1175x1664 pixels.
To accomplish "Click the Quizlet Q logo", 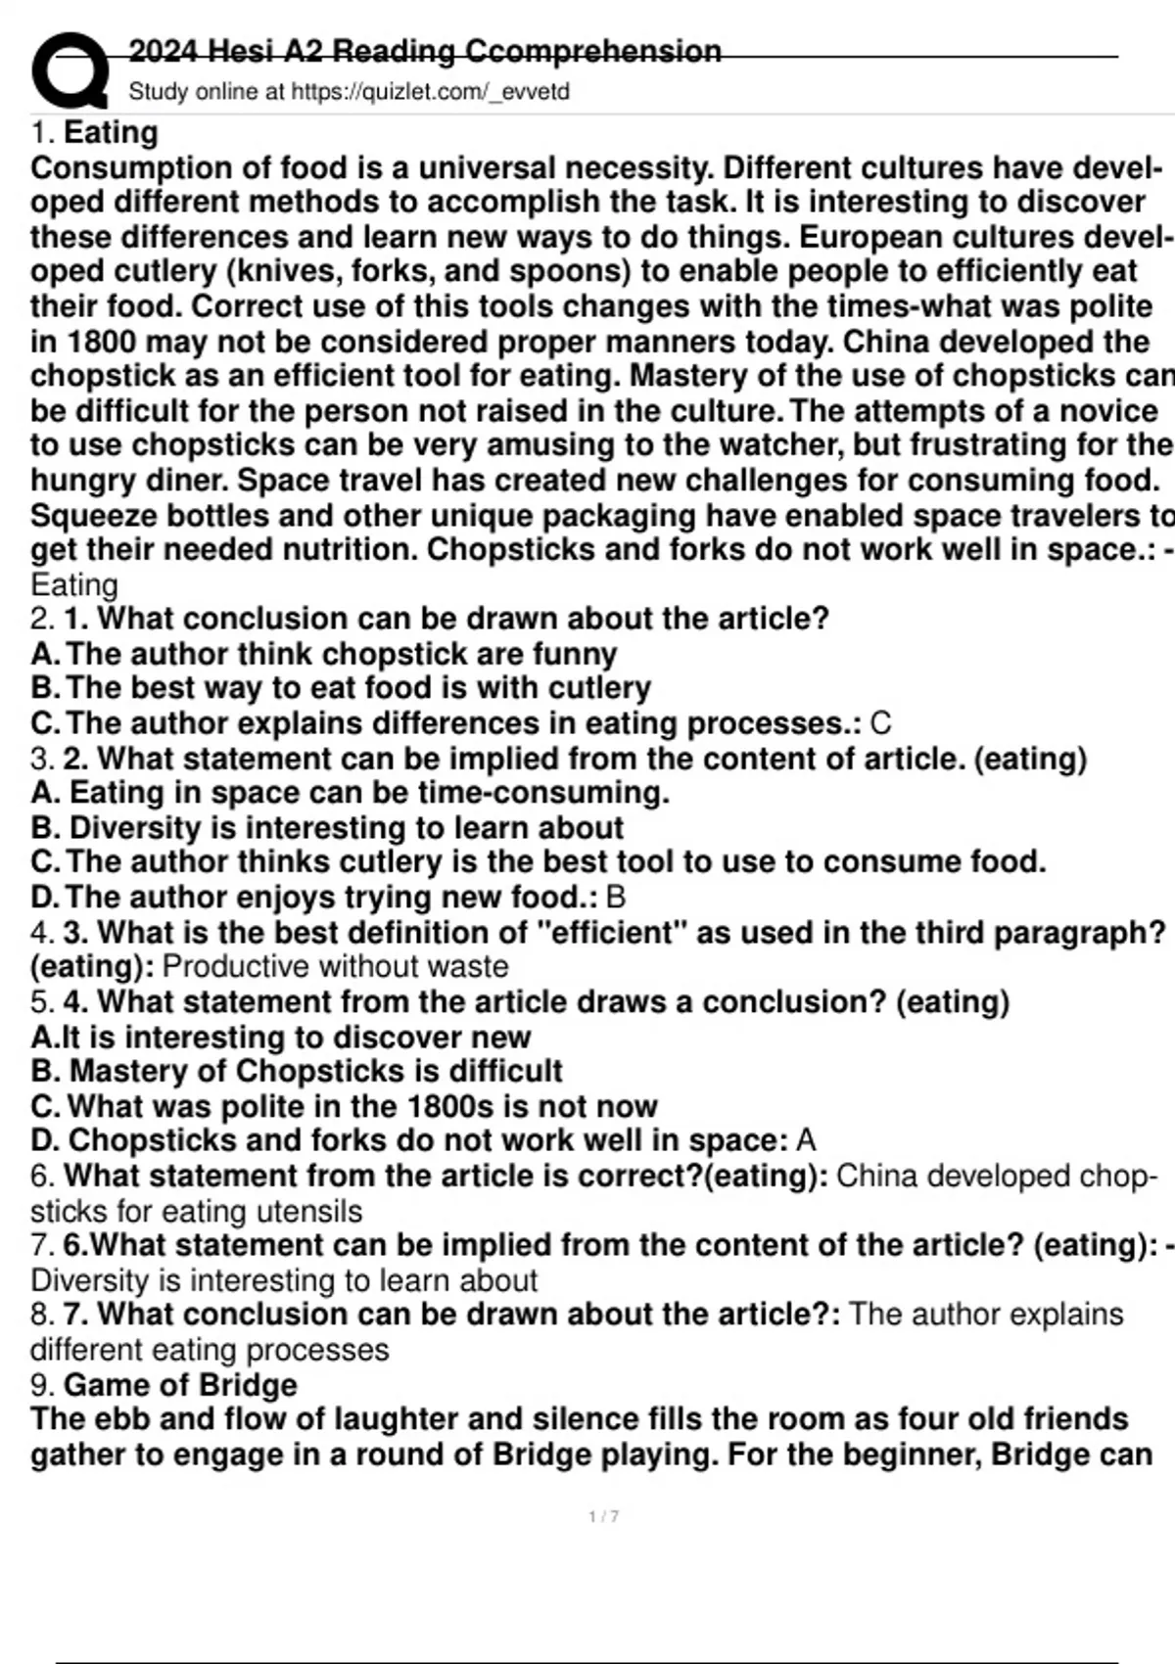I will pyautogui.click(x=69, y=70).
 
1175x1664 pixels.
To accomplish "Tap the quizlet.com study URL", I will pyautogui.click(x=431, y=92).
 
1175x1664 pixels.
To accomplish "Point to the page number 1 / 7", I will pyautogui.click(x=603, y=1516).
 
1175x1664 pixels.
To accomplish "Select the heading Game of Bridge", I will pyautogui.click(x=180, y=1385).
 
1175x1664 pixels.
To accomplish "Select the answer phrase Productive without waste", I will pyautogui.click(x=335, y=967).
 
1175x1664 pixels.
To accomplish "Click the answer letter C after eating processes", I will pyautogui.click(x=880, y=724).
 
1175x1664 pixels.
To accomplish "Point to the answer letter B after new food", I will pyautogui.click(x=616, y=898).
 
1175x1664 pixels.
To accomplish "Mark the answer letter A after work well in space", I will pyautogui.click(x=806, y=1141).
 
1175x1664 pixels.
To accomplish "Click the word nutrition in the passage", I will pyautogui.click(x=343, y=550).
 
